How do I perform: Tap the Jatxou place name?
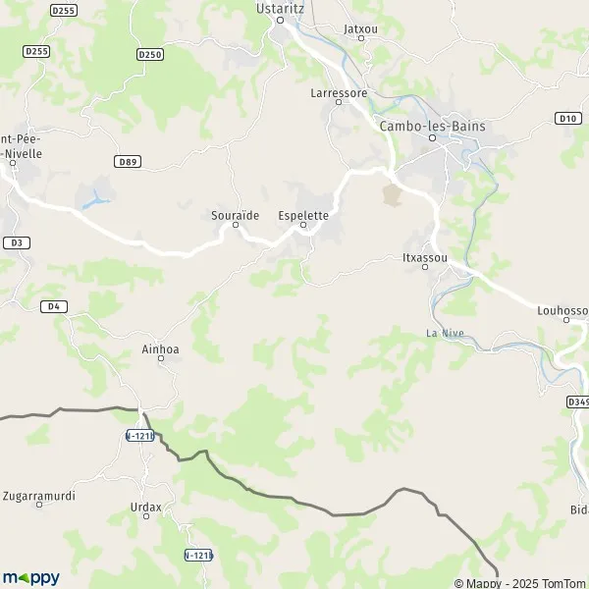tap(361, 29)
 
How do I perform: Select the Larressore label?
tap(338, 93)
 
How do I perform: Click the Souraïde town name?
tap(236, 213)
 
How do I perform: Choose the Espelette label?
tap(302, 213)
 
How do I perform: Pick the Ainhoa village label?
tap(161, 349)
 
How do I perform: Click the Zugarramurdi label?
tap(40, 495)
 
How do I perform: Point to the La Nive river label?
tap(445, 333)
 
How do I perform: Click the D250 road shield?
tap(150, 54)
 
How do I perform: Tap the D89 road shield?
tap(126, 161)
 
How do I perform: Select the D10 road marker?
tap(566, 119)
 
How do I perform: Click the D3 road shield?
tap(15, 241)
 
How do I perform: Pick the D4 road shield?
tap(54, 306)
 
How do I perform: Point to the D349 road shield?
tap(577, 401)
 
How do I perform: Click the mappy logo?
tap(30, 577)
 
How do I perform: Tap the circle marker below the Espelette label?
tap(302, 226)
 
